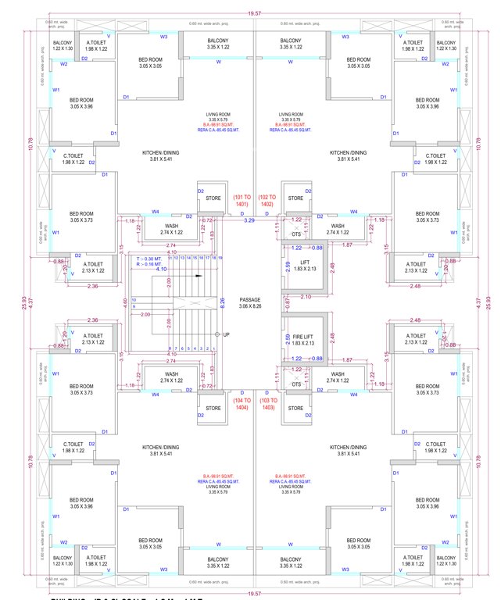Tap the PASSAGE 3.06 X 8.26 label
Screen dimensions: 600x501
[x=251, y=303]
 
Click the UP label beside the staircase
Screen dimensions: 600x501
[x=227, y=334]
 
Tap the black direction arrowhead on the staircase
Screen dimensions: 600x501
[x=199, y=276]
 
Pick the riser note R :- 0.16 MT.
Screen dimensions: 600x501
[x=149, y=264]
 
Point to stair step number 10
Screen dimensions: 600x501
[x=134, y=298]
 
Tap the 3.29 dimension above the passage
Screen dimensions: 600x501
[x=250, y=222]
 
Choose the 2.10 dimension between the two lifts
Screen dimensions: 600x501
[x=306, y=297]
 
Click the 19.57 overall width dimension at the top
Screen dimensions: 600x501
[x=250, y=12]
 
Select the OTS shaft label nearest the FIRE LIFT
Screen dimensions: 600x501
[x=296, y=384]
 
